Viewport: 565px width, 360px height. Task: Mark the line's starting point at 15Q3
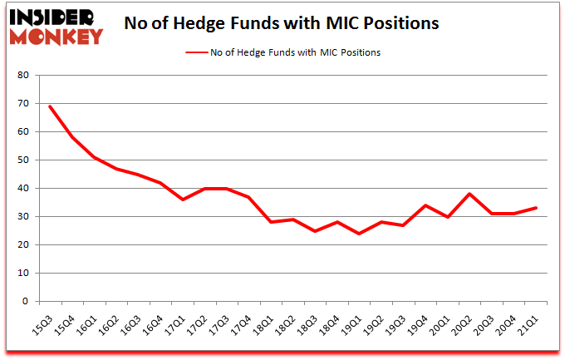point(50,106)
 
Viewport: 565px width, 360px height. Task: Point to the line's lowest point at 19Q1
point(360,234)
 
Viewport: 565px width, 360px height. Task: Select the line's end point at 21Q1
point(536,208)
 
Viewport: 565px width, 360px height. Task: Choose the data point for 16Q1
point(95,157)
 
